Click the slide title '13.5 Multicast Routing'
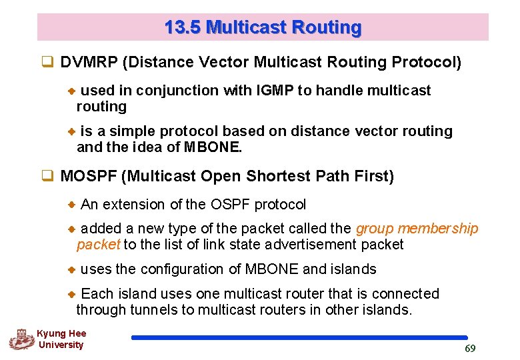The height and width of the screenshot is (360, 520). (263, 27)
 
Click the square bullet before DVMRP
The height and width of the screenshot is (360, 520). (47, 63)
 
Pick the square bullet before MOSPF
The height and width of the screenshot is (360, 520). (47, 177)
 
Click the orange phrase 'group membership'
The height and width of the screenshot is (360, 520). (417, 229)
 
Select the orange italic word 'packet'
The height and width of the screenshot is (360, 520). (98, 245)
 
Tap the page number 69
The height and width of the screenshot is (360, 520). (469, 349)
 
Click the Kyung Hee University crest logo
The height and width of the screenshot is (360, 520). (21, 339)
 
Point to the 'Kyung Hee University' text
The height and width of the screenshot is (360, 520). (61, 339)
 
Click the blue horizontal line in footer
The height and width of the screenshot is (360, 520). (299, 338)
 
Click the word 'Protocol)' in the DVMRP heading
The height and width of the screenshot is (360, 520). (426, 63)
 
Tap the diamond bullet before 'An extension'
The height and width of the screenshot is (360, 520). (73, 205)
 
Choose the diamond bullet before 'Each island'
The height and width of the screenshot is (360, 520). (73, 294)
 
